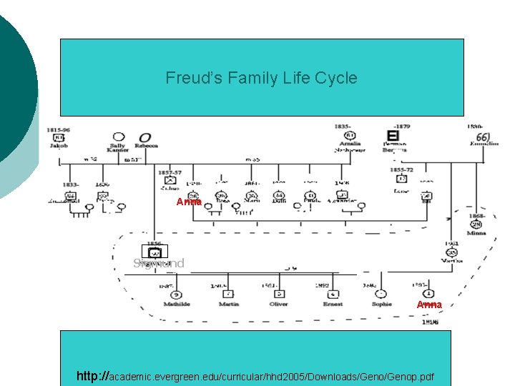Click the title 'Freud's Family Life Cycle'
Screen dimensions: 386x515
pyautogui.click(x=261, y=78)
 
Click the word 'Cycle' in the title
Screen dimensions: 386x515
pyautogui.click(x=335, y=78)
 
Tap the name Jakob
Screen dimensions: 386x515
pyautogui.click(x=59, y=146)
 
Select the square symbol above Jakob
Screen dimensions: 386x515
pyautogui.click(x=59, y=137)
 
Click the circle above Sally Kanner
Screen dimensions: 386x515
pyautogui.click(x=117, y=137)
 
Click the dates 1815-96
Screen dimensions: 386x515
pyautogui.click(x=59, y=129)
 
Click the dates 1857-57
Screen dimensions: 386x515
pyautogui.click(x=169, y=172)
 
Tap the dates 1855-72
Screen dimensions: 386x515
pyautogui.click(x=402, y=170)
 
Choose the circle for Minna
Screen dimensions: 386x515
pyautogui.click(x=476, y=224)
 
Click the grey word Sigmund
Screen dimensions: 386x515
pyautogui.click(x=159, y=263)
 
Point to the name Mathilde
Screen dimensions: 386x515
pyautogui.click(x=176, y=304)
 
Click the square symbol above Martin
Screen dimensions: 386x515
pyautogui.click(x=228, y=294)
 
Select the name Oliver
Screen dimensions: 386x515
pyautogui.click(x=279, y=304)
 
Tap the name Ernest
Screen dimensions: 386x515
pyautogui.click(x=332, y=304)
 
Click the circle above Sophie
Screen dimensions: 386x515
pyautogui.click(x=382, y=294)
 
